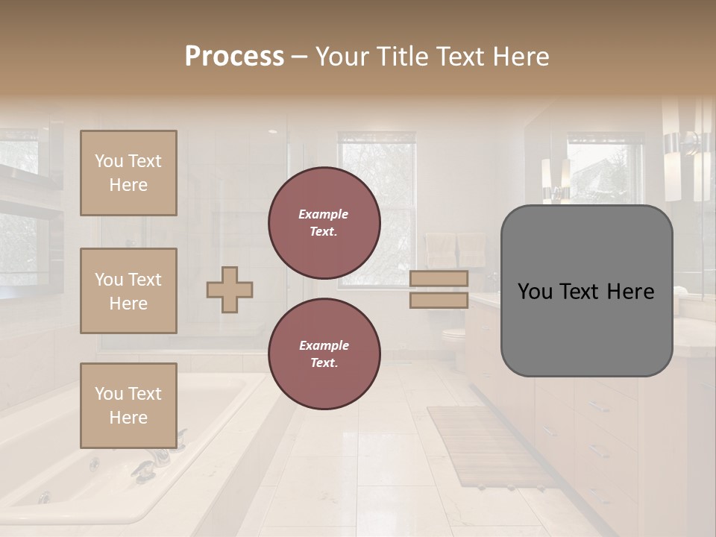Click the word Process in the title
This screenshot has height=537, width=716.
(234, 57)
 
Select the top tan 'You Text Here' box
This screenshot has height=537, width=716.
(128, 173)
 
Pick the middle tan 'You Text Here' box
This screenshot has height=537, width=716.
(128, 291)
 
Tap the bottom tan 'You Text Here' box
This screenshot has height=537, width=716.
(128, 406)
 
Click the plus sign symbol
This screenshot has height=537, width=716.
(230, 289)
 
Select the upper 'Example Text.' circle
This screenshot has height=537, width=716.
(324, 223)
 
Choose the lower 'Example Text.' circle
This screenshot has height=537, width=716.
(324, 354)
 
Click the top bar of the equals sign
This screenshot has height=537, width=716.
(439, 278)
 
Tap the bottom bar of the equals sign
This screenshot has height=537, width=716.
(439, 301)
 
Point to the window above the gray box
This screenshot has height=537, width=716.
(604, 168)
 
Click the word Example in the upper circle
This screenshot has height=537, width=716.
(324, 214)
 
